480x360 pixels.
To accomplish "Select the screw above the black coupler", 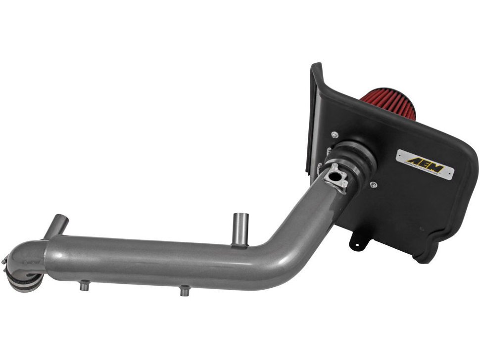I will [x=336, y=135].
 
